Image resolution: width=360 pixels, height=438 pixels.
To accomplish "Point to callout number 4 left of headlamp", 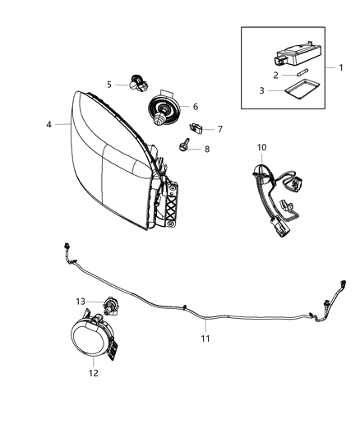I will point(49,124).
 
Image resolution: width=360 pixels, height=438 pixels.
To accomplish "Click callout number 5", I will point(109,84).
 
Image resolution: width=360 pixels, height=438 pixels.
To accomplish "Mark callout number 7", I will point(219,129).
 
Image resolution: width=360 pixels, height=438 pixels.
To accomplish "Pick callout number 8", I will point(206,149).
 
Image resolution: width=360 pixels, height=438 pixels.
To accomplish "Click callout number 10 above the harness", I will point(261,147).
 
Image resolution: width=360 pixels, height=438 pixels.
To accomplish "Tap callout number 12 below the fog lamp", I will point(93,372).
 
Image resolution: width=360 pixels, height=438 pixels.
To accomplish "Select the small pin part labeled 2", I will point(298,76).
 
